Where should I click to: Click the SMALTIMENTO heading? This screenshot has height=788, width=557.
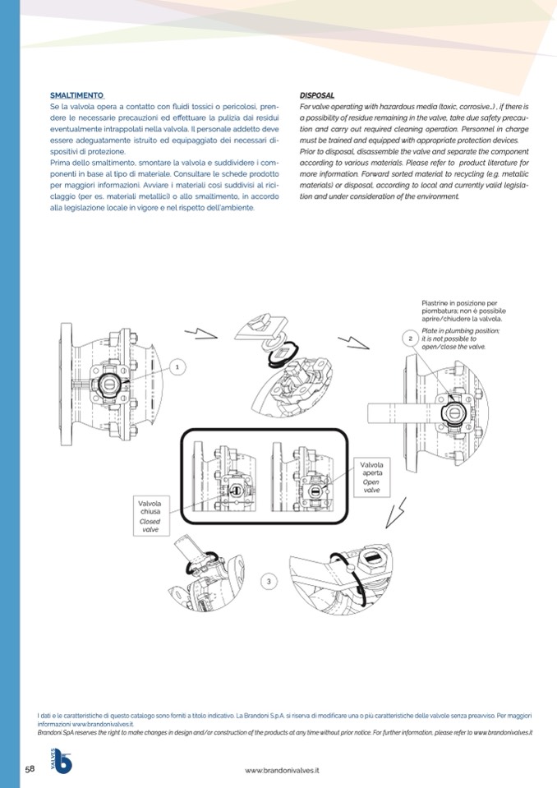(76, 96)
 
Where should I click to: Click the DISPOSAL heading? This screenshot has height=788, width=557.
(317, 96)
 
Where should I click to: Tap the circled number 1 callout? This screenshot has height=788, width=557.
(177, 365)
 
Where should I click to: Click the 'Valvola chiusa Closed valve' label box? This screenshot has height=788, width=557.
(150, 515)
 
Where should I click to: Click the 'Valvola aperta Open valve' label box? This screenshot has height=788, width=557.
(371, 477)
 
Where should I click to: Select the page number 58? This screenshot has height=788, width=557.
(30, 768)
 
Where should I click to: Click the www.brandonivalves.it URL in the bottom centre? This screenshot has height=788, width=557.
(283, 770)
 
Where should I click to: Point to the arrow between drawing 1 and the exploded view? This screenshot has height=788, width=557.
(200, 334)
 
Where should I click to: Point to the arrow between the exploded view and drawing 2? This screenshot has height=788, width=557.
(355, 337)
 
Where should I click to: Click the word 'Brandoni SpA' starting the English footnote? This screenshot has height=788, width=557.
(56, 731)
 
